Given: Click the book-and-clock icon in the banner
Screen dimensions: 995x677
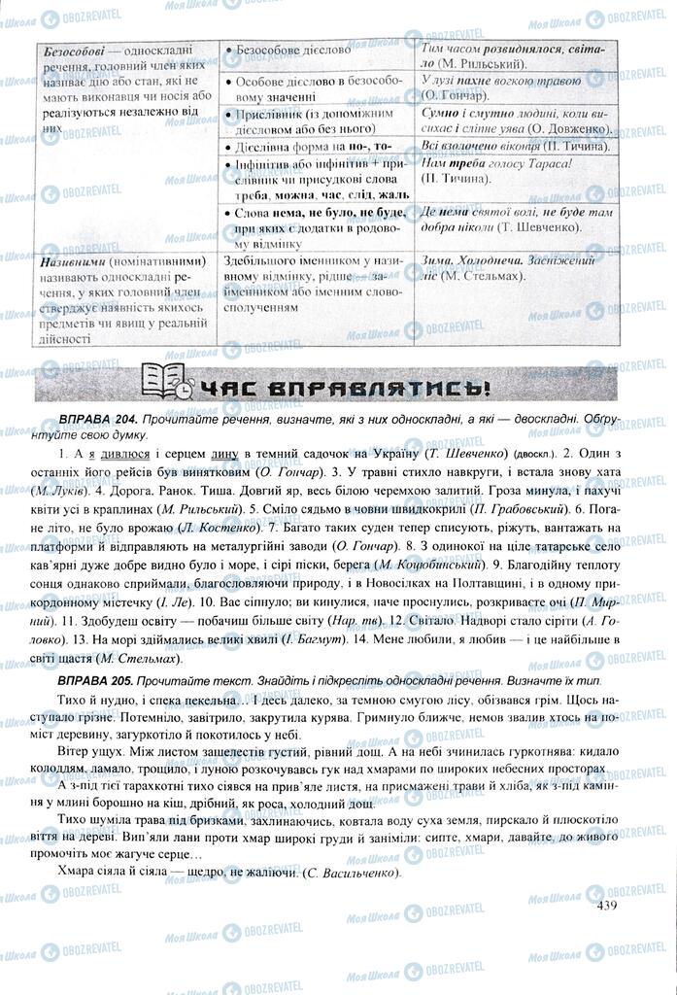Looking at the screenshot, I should [166, 382].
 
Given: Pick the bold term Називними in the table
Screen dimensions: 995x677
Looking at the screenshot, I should [77, 261].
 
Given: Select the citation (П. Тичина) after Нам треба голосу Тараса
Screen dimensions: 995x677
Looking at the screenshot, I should [457, 180].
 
